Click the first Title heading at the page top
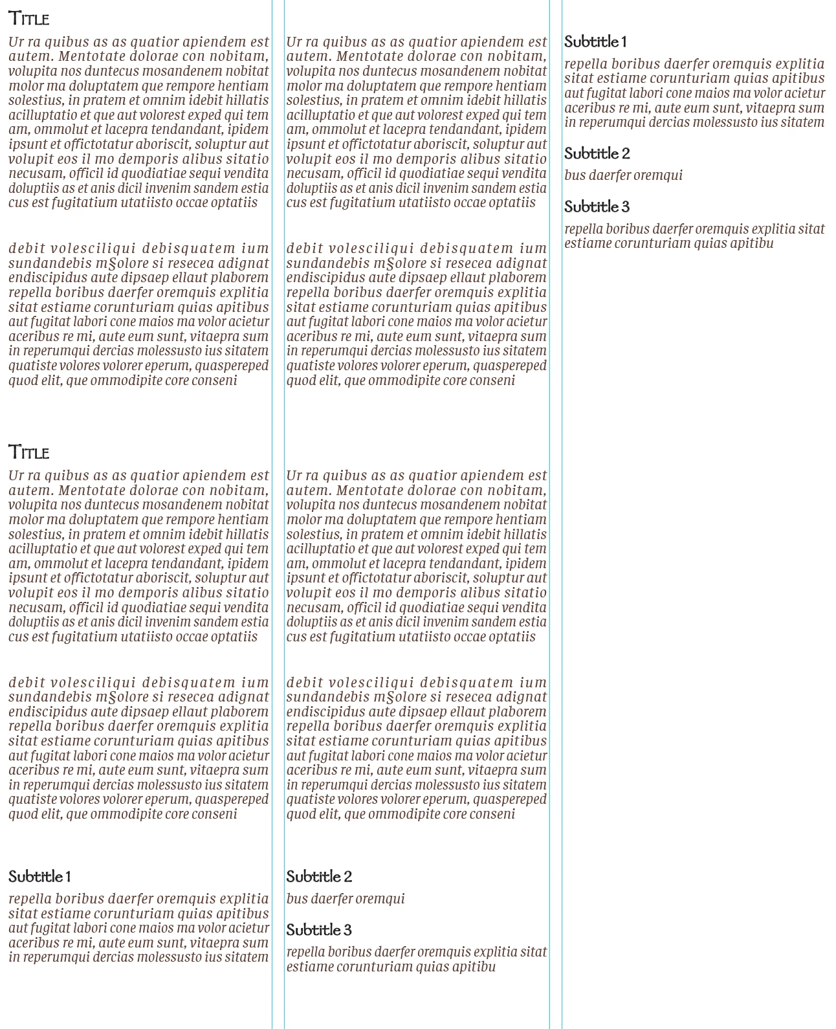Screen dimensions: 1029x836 coord(29,19)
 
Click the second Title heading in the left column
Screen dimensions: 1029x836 coord(29,452)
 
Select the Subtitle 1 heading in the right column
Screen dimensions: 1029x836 coord(595,42)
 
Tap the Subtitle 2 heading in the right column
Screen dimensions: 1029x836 coord(597,154)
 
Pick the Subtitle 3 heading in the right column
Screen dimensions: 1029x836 coord(597,207)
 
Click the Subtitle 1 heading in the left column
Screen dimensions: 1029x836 coord(39,877)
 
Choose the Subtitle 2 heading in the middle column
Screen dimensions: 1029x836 coord(319,877)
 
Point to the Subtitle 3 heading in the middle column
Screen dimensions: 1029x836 coord(319,930)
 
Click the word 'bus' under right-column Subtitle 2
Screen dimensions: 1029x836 coord(574,175)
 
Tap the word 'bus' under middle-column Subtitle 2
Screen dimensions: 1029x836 coord(296,899)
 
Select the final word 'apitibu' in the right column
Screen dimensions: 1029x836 coord(751,244)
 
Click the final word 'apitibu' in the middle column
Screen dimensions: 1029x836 coord(474,968)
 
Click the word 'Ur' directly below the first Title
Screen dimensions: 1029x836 coord(16,43)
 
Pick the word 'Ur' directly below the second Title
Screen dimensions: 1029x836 coord(16,476)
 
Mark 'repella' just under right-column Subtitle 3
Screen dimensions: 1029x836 coord(583,229)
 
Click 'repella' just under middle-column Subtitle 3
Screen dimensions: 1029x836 coord(305,953)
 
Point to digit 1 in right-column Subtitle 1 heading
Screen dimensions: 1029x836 coord(624,42)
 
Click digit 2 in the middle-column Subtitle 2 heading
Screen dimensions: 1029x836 coord(347,877)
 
